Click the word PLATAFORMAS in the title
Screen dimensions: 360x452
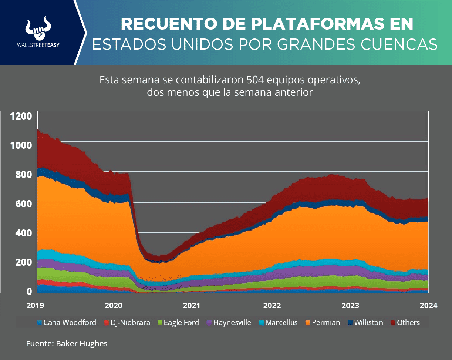(x=307, y=24)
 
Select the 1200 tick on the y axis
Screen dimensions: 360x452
(x=21, y=117)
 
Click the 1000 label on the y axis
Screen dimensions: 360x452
(x=21, y=145)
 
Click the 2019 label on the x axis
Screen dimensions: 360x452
(x=35, y=306)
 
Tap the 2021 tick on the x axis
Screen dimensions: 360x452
(x=192, y=306)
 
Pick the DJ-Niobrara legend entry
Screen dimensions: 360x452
(x=128, y=323)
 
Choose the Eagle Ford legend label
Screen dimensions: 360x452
(x=178, y=323)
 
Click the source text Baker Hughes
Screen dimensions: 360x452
(x=82, y=344)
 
